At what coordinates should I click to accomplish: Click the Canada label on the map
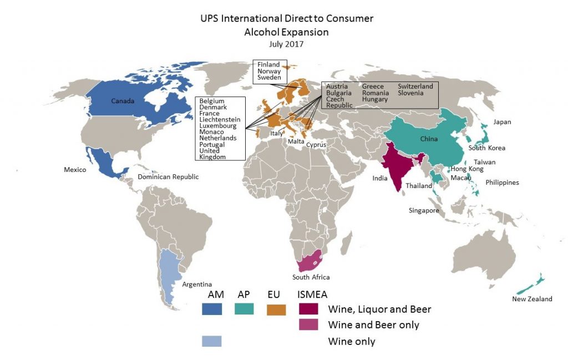[123, 102]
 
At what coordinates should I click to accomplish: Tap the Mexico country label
[75, 170]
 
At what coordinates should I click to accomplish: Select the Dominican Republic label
[168, 177]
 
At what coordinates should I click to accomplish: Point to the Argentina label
[197, 285]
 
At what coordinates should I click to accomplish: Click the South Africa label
[311, 277]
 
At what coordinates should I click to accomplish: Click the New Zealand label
[532, 299]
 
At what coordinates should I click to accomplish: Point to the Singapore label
[424, 211]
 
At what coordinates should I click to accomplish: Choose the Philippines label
[502, 182]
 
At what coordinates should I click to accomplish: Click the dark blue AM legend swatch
[211, 309]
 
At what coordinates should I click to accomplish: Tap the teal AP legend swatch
[244, 309]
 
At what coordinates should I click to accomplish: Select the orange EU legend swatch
[276, 309]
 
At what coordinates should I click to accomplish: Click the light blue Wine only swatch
[211, 341]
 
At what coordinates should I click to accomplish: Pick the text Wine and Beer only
[373, 325]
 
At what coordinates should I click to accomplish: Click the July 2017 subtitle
[286, 43]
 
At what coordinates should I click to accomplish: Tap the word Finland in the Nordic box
[268, 65]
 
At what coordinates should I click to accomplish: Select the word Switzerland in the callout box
[415, 87]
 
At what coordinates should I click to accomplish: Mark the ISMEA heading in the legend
[313, 295]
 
